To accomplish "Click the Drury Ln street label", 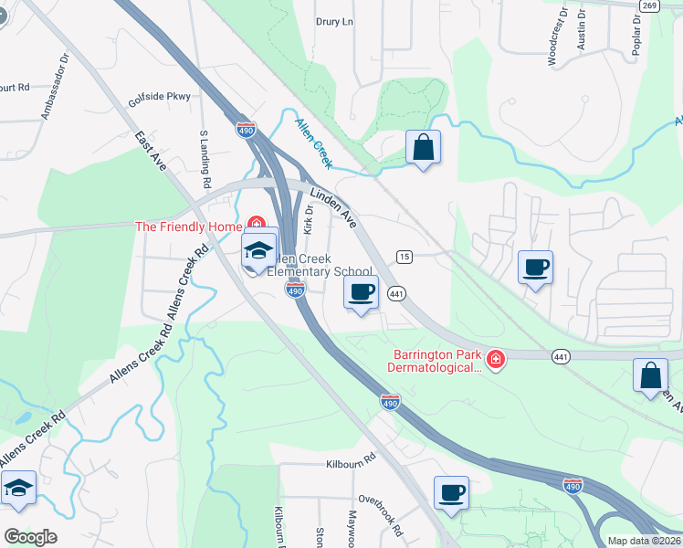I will (x=334, y=21).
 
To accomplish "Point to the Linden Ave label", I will (x=332, y=205).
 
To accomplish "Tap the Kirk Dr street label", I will (x=309, y=219).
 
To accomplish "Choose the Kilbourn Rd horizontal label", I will (x=352, y=464).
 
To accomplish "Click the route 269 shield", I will (x=649, y=5).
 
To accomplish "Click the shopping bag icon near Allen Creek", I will (x=423, y=146).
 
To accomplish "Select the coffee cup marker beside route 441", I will (x=361, y=292).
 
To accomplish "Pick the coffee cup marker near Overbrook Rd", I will (x=451, y=493).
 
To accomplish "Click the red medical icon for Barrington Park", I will (x=495, y=361).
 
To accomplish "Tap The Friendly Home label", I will (x=187, y=227).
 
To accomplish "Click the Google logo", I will (x=30, y=537).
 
